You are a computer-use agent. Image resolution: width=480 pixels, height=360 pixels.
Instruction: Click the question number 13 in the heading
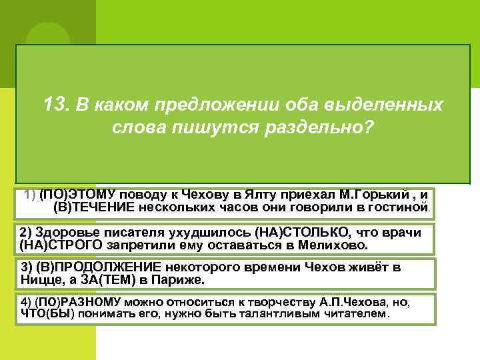click(55, 105)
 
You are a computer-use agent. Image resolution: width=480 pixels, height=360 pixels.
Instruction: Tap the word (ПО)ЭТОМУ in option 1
click(77, 194)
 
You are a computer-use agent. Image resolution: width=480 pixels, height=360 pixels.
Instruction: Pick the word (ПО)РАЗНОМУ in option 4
click(76, 302)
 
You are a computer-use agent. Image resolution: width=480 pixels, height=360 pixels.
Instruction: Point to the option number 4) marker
click(25, 302)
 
